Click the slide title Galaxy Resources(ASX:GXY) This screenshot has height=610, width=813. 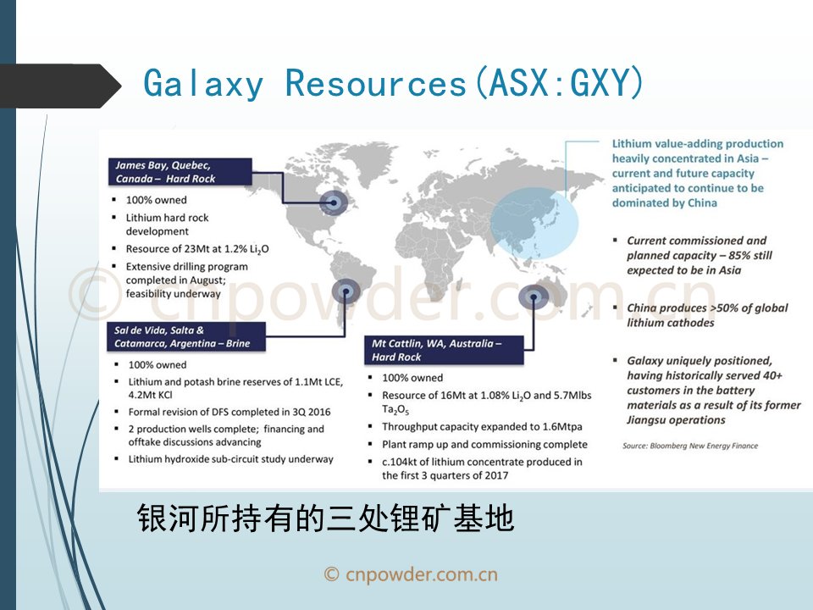393,83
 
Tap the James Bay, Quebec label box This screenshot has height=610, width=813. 180,172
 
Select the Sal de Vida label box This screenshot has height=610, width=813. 186,336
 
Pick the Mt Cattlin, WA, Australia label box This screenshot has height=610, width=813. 444,350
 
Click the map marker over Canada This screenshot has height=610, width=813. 334,202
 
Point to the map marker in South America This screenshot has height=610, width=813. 346,291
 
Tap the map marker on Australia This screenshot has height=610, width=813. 534,297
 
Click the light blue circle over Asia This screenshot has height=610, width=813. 534,224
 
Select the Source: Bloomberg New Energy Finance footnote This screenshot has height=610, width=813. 690,446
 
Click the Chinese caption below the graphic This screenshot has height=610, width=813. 325,518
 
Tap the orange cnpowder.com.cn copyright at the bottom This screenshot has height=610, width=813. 411,574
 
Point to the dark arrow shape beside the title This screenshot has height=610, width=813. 61,86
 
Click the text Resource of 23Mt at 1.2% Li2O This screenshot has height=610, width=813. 197,249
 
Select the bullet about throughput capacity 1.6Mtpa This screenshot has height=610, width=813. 482,426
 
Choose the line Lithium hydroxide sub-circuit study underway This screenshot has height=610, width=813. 230,459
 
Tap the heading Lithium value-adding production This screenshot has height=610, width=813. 697,144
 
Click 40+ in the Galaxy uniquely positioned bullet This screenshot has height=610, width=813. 772,375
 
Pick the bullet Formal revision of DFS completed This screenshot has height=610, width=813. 230,412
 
